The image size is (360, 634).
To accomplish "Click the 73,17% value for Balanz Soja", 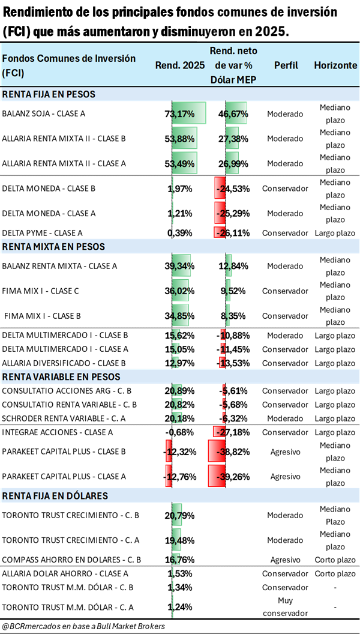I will tap(178, 113).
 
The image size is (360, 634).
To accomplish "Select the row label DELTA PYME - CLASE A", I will tap(43, 233).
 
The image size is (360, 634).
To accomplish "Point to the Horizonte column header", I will tap(335, 65).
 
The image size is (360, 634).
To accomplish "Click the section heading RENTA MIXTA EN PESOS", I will tap(53, 246).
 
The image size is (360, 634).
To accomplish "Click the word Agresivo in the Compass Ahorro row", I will tap(284, 560).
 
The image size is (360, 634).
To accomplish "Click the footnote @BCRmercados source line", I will tap(84, 626).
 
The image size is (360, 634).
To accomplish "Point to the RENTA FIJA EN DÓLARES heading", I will tap(55, 495).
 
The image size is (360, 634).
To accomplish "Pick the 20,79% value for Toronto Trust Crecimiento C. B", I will tap(178, 515).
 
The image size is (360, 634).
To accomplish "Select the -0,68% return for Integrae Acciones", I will tap(178, 432).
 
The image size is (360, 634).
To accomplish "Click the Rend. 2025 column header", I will tap(180, 65).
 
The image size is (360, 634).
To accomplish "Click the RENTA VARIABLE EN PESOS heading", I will tap(61, 376).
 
